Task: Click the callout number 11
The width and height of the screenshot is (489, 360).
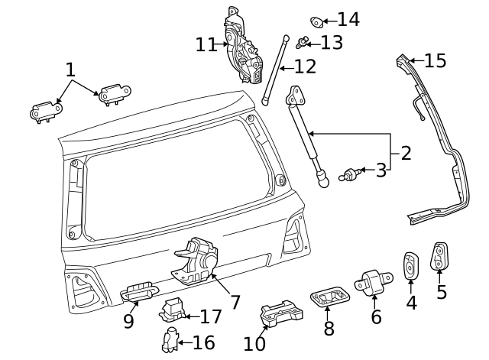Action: [206, 44]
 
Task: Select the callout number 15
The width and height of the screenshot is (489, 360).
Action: [435, 60]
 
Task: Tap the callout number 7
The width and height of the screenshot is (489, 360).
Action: [235, 302]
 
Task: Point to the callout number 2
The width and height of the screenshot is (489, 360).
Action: [406, 153]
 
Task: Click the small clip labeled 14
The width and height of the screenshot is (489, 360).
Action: [317, 21]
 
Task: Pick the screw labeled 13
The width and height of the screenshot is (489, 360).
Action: [303, 41]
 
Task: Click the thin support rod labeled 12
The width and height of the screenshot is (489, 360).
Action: [276, 69]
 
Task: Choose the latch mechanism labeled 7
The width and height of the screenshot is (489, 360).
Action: [197, 260]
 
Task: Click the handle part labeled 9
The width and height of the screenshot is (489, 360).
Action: [139, 290]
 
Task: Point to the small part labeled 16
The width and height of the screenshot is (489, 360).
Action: [170, 339]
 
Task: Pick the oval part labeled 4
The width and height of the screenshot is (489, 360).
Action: [410, 265]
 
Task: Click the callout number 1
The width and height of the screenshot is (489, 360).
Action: [70, 70]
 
